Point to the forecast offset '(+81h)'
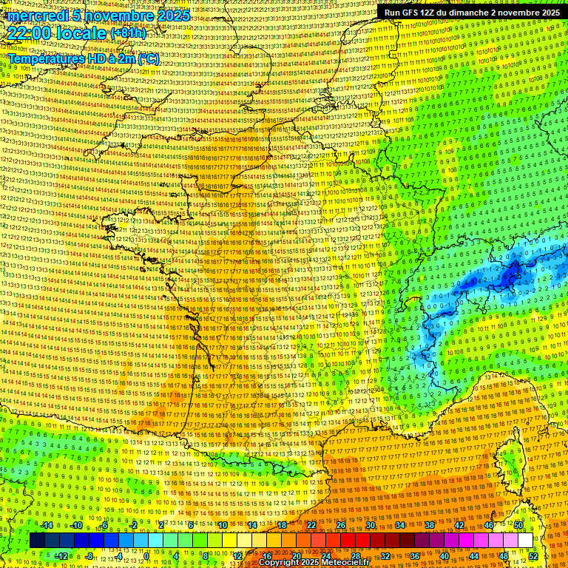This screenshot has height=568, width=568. (x=128, y=33)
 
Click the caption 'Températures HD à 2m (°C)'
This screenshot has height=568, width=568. (x=84, y=58)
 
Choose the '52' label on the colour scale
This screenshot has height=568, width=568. (x=533, y=556)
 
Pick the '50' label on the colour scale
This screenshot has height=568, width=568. (x=518, y=525)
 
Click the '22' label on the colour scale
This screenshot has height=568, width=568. (x=311, y=525)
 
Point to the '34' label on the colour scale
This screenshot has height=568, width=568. (x=400, y=525)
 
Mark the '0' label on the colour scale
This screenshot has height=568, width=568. (x=147, y=556)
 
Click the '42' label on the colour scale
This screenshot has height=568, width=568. (x=459, y=525)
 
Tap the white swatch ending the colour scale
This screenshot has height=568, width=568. (x=525, y=541)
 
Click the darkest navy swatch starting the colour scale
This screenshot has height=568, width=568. (x=38, y=541)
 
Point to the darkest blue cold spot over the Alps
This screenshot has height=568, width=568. (x=509, y=277)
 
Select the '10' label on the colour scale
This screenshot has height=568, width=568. (x=223, y=525)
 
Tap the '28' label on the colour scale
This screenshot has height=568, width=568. (x=356, y=556)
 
